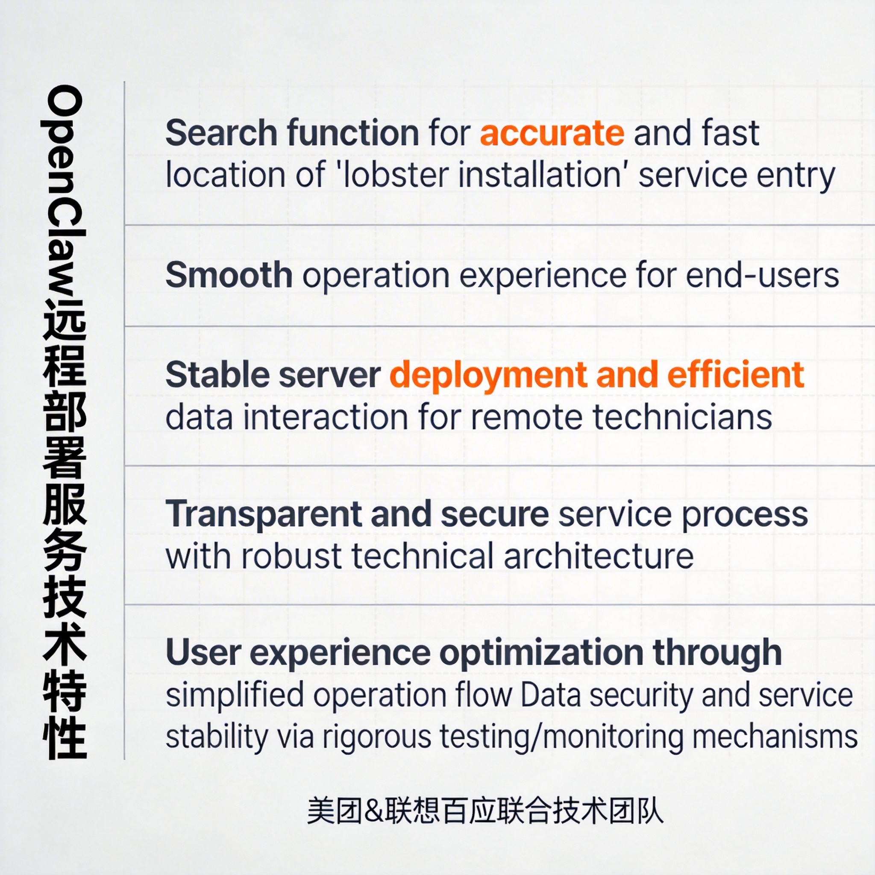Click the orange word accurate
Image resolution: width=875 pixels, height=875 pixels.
pos(552,133)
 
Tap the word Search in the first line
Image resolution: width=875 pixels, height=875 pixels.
pos(221,133)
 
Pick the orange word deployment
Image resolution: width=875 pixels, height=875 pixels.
pos(487,376)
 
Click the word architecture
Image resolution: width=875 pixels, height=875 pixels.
pos(598,556)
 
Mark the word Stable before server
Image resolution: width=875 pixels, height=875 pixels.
pos(217,375)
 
